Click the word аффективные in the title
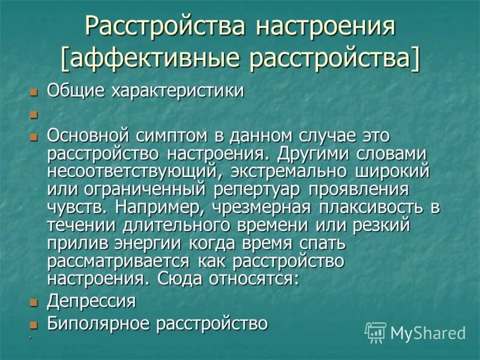(152, 59)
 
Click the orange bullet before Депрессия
(34, 302)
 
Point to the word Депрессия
(91, 300)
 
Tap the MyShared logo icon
(376, 332)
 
